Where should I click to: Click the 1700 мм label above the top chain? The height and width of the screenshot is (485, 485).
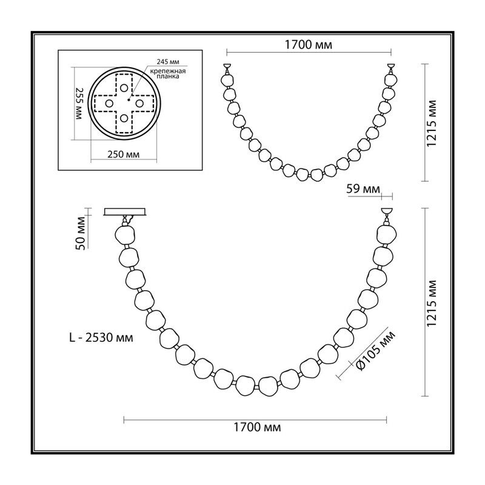pos(308,45)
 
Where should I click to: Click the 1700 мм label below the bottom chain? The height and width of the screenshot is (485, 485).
pos(256,427)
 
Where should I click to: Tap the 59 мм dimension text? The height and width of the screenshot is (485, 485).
pos(363,189)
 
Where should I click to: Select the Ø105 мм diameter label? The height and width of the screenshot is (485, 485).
pos(376,350)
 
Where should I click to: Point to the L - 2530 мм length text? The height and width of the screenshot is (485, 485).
pos(101,338)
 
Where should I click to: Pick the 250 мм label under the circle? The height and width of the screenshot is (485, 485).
pos(124,154)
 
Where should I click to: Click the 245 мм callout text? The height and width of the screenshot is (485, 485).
pos(168,62)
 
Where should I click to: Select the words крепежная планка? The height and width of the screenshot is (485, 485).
pos(168,73)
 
